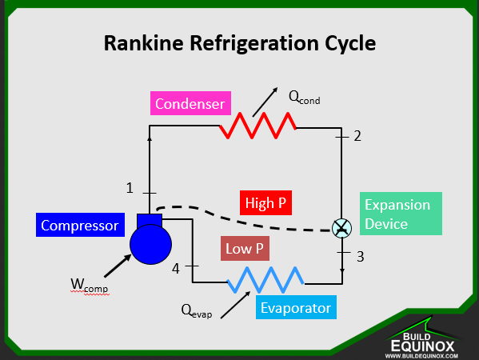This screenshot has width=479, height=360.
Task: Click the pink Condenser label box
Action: (x=190, y=103)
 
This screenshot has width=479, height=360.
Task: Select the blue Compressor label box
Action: (x=80, y=225)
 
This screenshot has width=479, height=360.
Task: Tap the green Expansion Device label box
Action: (x=401, y=214)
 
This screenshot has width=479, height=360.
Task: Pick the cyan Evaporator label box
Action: (x=296, y=307)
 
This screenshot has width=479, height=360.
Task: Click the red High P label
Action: (x=265, y=203)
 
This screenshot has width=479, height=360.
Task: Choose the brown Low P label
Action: (x=245, y=249)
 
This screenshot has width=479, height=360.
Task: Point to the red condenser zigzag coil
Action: (x=257, y=126)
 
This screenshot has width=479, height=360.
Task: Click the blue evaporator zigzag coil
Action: (x=265, y=280)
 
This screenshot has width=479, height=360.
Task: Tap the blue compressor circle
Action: (x=150, y=244)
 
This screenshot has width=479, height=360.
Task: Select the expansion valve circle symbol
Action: (x=341, y=228)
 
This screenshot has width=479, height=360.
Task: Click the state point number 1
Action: (x=130, y=188)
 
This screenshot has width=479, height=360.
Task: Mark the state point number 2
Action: (x=357, y=136)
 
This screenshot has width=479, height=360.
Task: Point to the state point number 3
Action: (x=361, y=257)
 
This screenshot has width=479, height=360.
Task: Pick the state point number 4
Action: (x=176, y=269)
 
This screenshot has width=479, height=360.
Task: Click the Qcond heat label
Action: (x=304, y=98)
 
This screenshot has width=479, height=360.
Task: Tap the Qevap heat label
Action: (x=197, y=311)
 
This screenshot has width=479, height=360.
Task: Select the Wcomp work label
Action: (x=90, y=285)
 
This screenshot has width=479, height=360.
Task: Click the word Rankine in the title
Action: (x=144, y=43)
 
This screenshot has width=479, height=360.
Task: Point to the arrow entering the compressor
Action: (x=118, y=266)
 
